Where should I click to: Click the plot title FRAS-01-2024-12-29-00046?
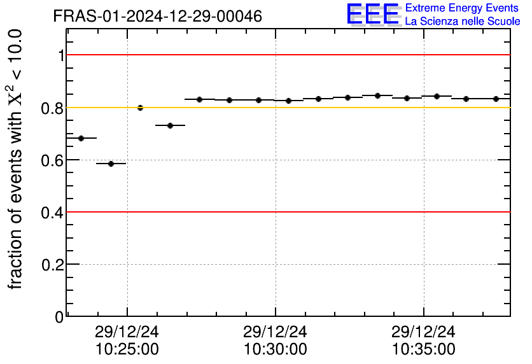[x=157, y=17]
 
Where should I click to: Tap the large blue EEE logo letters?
[x=373, y=14]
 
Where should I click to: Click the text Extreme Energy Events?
[x=462, y=8]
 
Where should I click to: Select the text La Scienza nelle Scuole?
[x=462, y=22]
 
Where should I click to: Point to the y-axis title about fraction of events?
[x=18, y=159]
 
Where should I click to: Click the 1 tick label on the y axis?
[x=61, y=55]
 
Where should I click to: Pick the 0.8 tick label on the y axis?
[x=53, y=108]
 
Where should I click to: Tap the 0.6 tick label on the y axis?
[x=53, y=160]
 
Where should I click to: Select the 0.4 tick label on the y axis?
[x=53, y=212]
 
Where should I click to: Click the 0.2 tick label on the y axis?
[x=53, y=264]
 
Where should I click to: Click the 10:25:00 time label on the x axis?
[x=127, y=349]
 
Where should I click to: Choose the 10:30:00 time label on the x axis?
[x=276, y=349]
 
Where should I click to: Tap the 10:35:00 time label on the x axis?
[x=424, y=349]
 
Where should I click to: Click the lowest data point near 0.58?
[x=111, y=164]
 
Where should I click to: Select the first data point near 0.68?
[x=81, y=138]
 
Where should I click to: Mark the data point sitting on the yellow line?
[x=140, y=108]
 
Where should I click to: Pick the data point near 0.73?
[x=170, y=125]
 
